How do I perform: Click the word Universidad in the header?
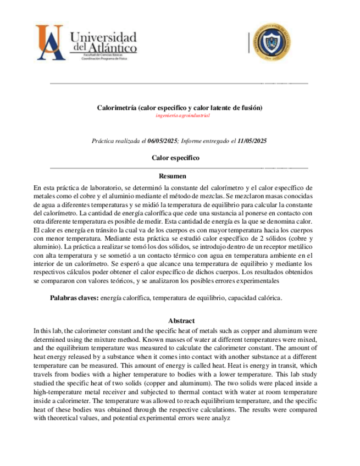point(103,37)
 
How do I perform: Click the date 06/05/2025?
point(163,141)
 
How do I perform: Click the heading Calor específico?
point(175,158)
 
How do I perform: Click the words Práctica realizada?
point(113,141)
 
